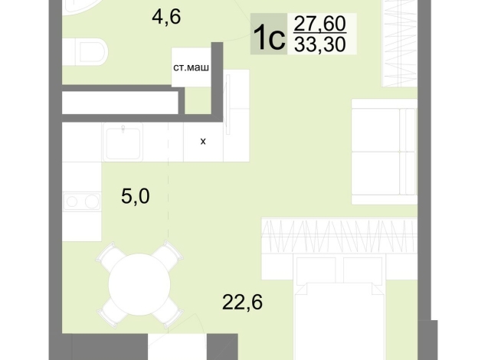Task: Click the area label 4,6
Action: click(166, 17)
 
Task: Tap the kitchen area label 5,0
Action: click(135, 196)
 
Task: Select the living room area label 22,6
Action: click(242, 303)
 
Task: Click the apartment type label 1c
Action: click(269, 37)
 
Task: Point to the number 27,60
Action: click(320, 24)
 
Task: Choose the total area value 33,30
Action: click(320, 44)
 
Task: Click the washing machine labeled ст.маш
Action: click(191, 67)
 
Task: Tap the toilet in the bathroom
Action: click(85, 52)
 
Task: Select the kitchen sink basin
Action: click(123, 142)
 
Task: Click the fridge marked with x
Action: click(203, 142)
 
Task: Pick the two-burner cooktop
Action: click(82, 201)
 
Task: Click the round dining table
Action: click(139, 284)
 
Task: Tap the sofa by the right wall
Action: click(385, 152)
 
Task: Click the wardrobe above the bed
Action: click(339, 236)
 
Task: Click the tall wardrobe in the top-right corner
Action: click(400, 43)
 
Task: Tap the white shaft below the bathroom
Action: click(120, 103)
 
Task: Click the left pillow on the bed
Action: click(316, 270)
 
